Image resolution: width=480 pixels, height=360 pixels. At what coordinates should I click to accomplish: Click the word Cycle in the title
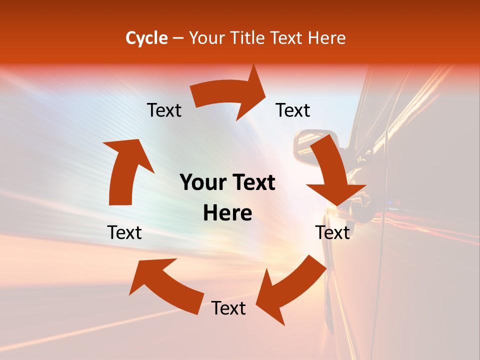pos(146,38)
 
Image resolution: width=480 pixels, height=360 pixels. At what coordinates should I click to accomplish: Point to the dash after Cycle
pos(178,38)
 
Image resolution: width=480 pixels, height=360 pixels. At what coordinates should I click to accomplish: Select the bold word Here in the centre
pos(227,213)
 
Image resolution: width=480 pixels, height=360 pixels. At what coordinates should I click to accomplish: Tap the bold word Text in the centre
pos(253,183)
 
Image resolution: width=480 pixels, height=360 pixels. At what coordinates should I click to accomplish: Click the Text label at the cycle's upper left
pos(164,110)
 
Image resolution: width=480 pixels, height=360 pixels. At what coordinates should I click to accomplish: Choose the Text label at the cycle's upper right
pos(293,110)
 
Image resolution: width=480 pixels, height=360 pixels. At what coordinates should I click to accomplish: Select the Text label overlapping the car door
pos(332,232)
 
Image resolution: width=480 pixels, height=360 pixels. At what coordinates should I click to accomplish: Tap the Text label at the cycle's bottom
pos(228,308)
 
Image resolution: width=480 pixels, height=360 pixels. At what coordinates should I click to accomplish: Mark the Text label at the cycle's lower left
pos(124,232)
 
